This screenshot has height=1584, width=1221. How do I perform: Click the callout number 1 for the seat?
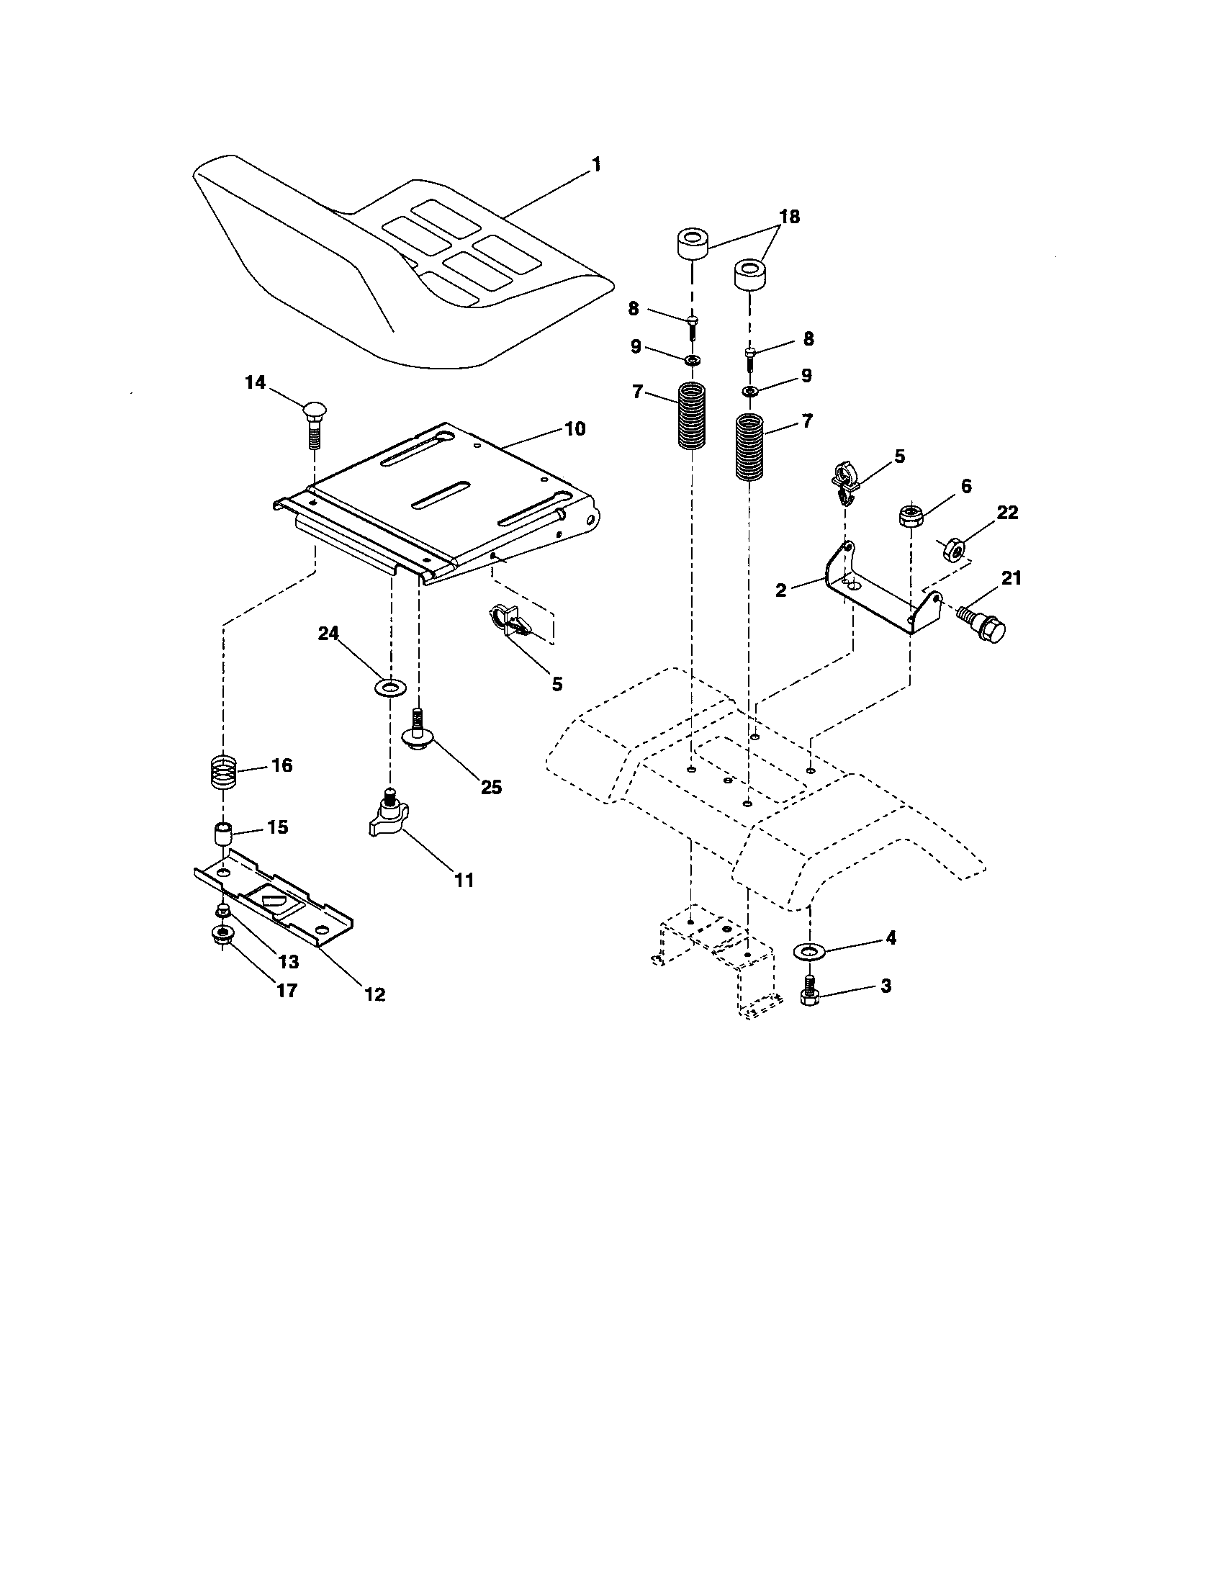(x=596, y=166)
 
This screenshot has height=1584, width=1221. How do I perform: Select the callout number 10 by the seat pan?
(x=575, y=428)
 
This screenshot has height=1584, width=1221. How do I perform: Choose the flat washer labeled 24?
(x=391, y=686)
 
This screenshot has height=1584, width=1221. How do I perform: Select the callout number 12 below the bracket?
(x=374, y=994)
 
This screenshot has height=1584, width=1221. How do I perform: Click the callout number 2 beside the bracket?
(x=780, y=590)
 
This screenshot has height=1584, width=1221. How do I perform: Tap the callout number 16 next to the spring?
(x=281, y=765)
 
